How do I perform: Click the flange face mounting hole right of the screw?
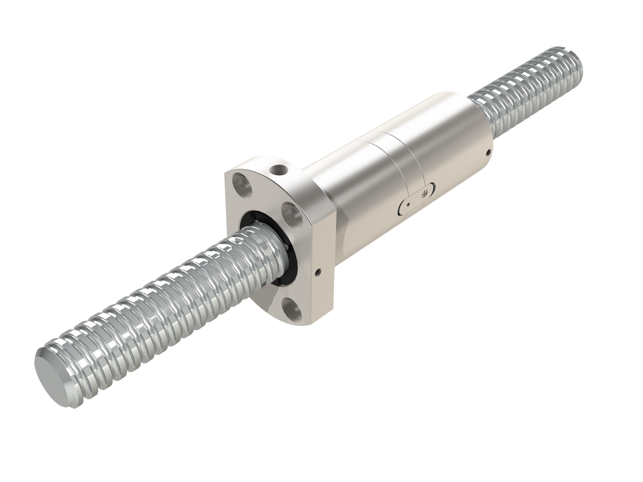(291, 215)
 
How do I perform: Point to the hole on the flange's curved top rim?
(278, 170)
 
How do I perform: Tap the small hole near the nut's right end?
(489, 152)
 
